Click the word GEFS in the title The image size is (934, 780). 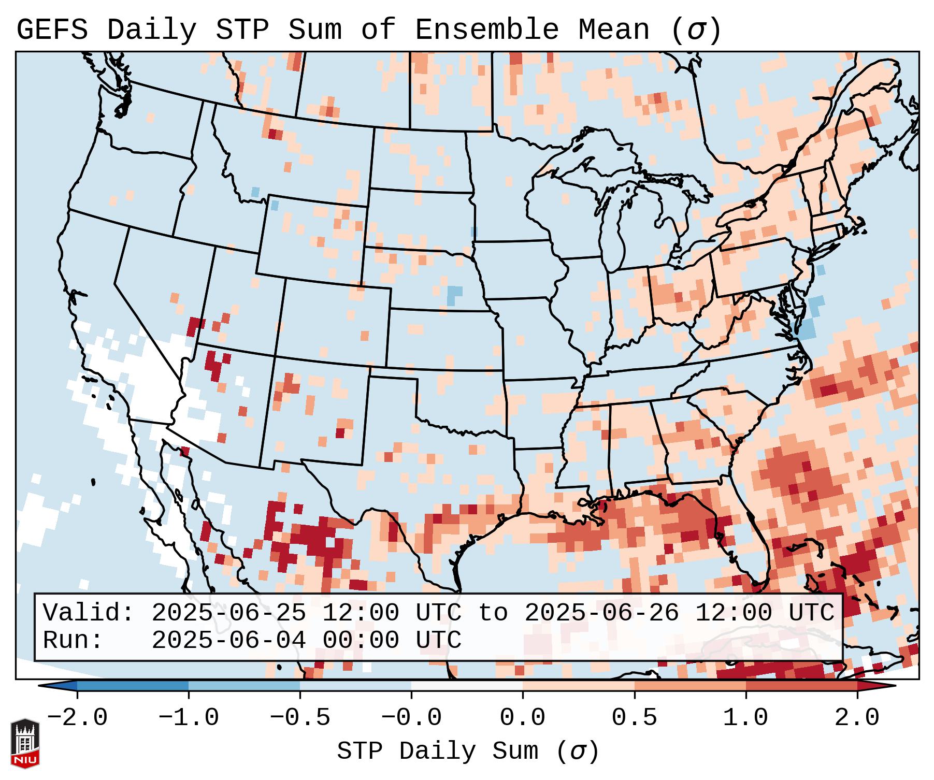point(52,30)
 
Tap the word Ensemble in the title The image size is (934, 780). point(487,30)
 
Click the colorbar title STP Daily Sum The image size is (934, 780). point(437,752)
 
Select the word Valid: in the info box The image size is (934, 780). point(89,613)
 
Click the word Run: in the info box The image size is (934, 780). point(73,641)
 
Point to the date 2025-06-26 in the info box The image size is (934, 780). point(601,613)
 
